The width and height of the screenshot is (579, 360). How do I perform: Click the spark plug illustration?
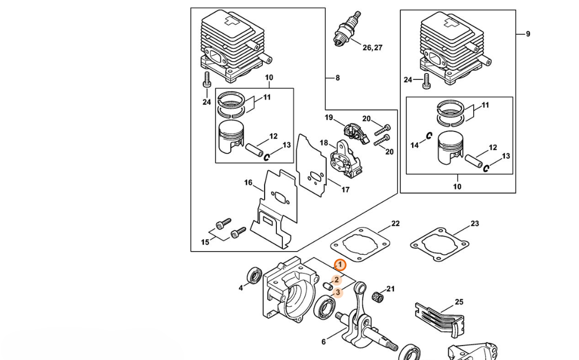(x=347, y=29)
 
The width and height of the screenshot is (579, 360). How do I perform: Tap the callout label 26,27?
(x=372, y=48)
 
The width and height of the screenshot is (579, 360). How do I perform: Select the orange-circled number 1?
(x=340, y=265)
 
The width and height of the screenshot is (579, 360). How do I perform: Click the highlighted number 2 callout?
(x=336, y=280)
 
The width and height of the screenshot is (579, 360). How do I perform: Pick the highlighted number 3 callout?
(x=338, y=293)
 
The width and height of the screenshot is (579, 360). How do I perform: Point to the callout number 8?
(x=338, y=78)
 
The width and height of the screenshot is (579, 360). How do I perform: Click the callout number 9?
(x=528, y=34)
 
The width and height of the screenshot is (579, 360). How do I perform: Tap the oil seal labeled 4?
(x=254, y=275)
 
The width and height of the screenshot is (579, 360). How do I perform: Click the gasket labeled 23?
(x=440, y=244)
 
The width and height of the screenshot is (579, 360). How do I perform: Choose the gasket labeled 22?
(x=361, y=245)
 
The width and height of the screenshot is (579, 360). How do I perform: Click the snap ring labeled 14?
(x=429, y=136)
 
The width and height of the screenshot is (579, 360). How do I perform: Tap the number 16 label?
(x=248, y=183)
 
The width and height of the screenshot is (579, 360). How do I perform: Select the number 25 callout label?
(x=459, y=302)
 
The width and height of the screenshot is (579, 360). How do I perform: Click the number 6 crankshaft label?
(x=324, y=342)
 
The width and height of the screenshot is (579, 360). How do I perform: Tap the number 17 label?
(x=345, y=190)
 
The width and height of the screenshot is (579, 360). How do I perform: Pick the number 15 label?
(x=205, y=242)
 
